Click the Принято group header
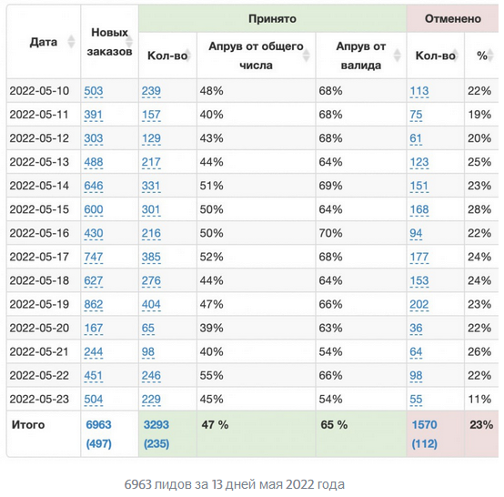(x=272, y=18)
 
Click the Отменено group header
(x=452, y=18)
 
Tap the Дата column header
(x=44, y=42)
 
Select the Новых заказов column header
(x=109, y=42)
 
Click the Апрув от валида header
(x=361, y=56)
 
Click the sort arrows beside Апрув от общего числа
(x=307, y=56)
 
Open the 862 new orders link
(x=94, y=304)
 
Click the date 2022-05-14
(x=39, y=186)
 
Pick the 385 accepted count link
(x=151, y=257)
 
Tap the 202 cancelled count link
(x=419, y=304)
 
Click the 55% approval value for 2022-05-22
(x=211, y=375)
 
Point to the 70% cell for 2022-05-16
(x=330, y=233)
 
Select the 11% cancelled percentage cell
(x=479, y=400)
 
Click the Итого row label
(x=28, y=425)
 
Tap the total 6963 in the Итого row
(x=98, y=425)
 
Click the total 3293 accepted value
(x=156, y=425)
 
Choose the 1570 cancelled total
(x=425, y=425)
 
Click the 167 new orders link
(x=94, y=328)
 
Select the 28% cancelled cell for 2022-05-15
(x=479, y=209)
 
